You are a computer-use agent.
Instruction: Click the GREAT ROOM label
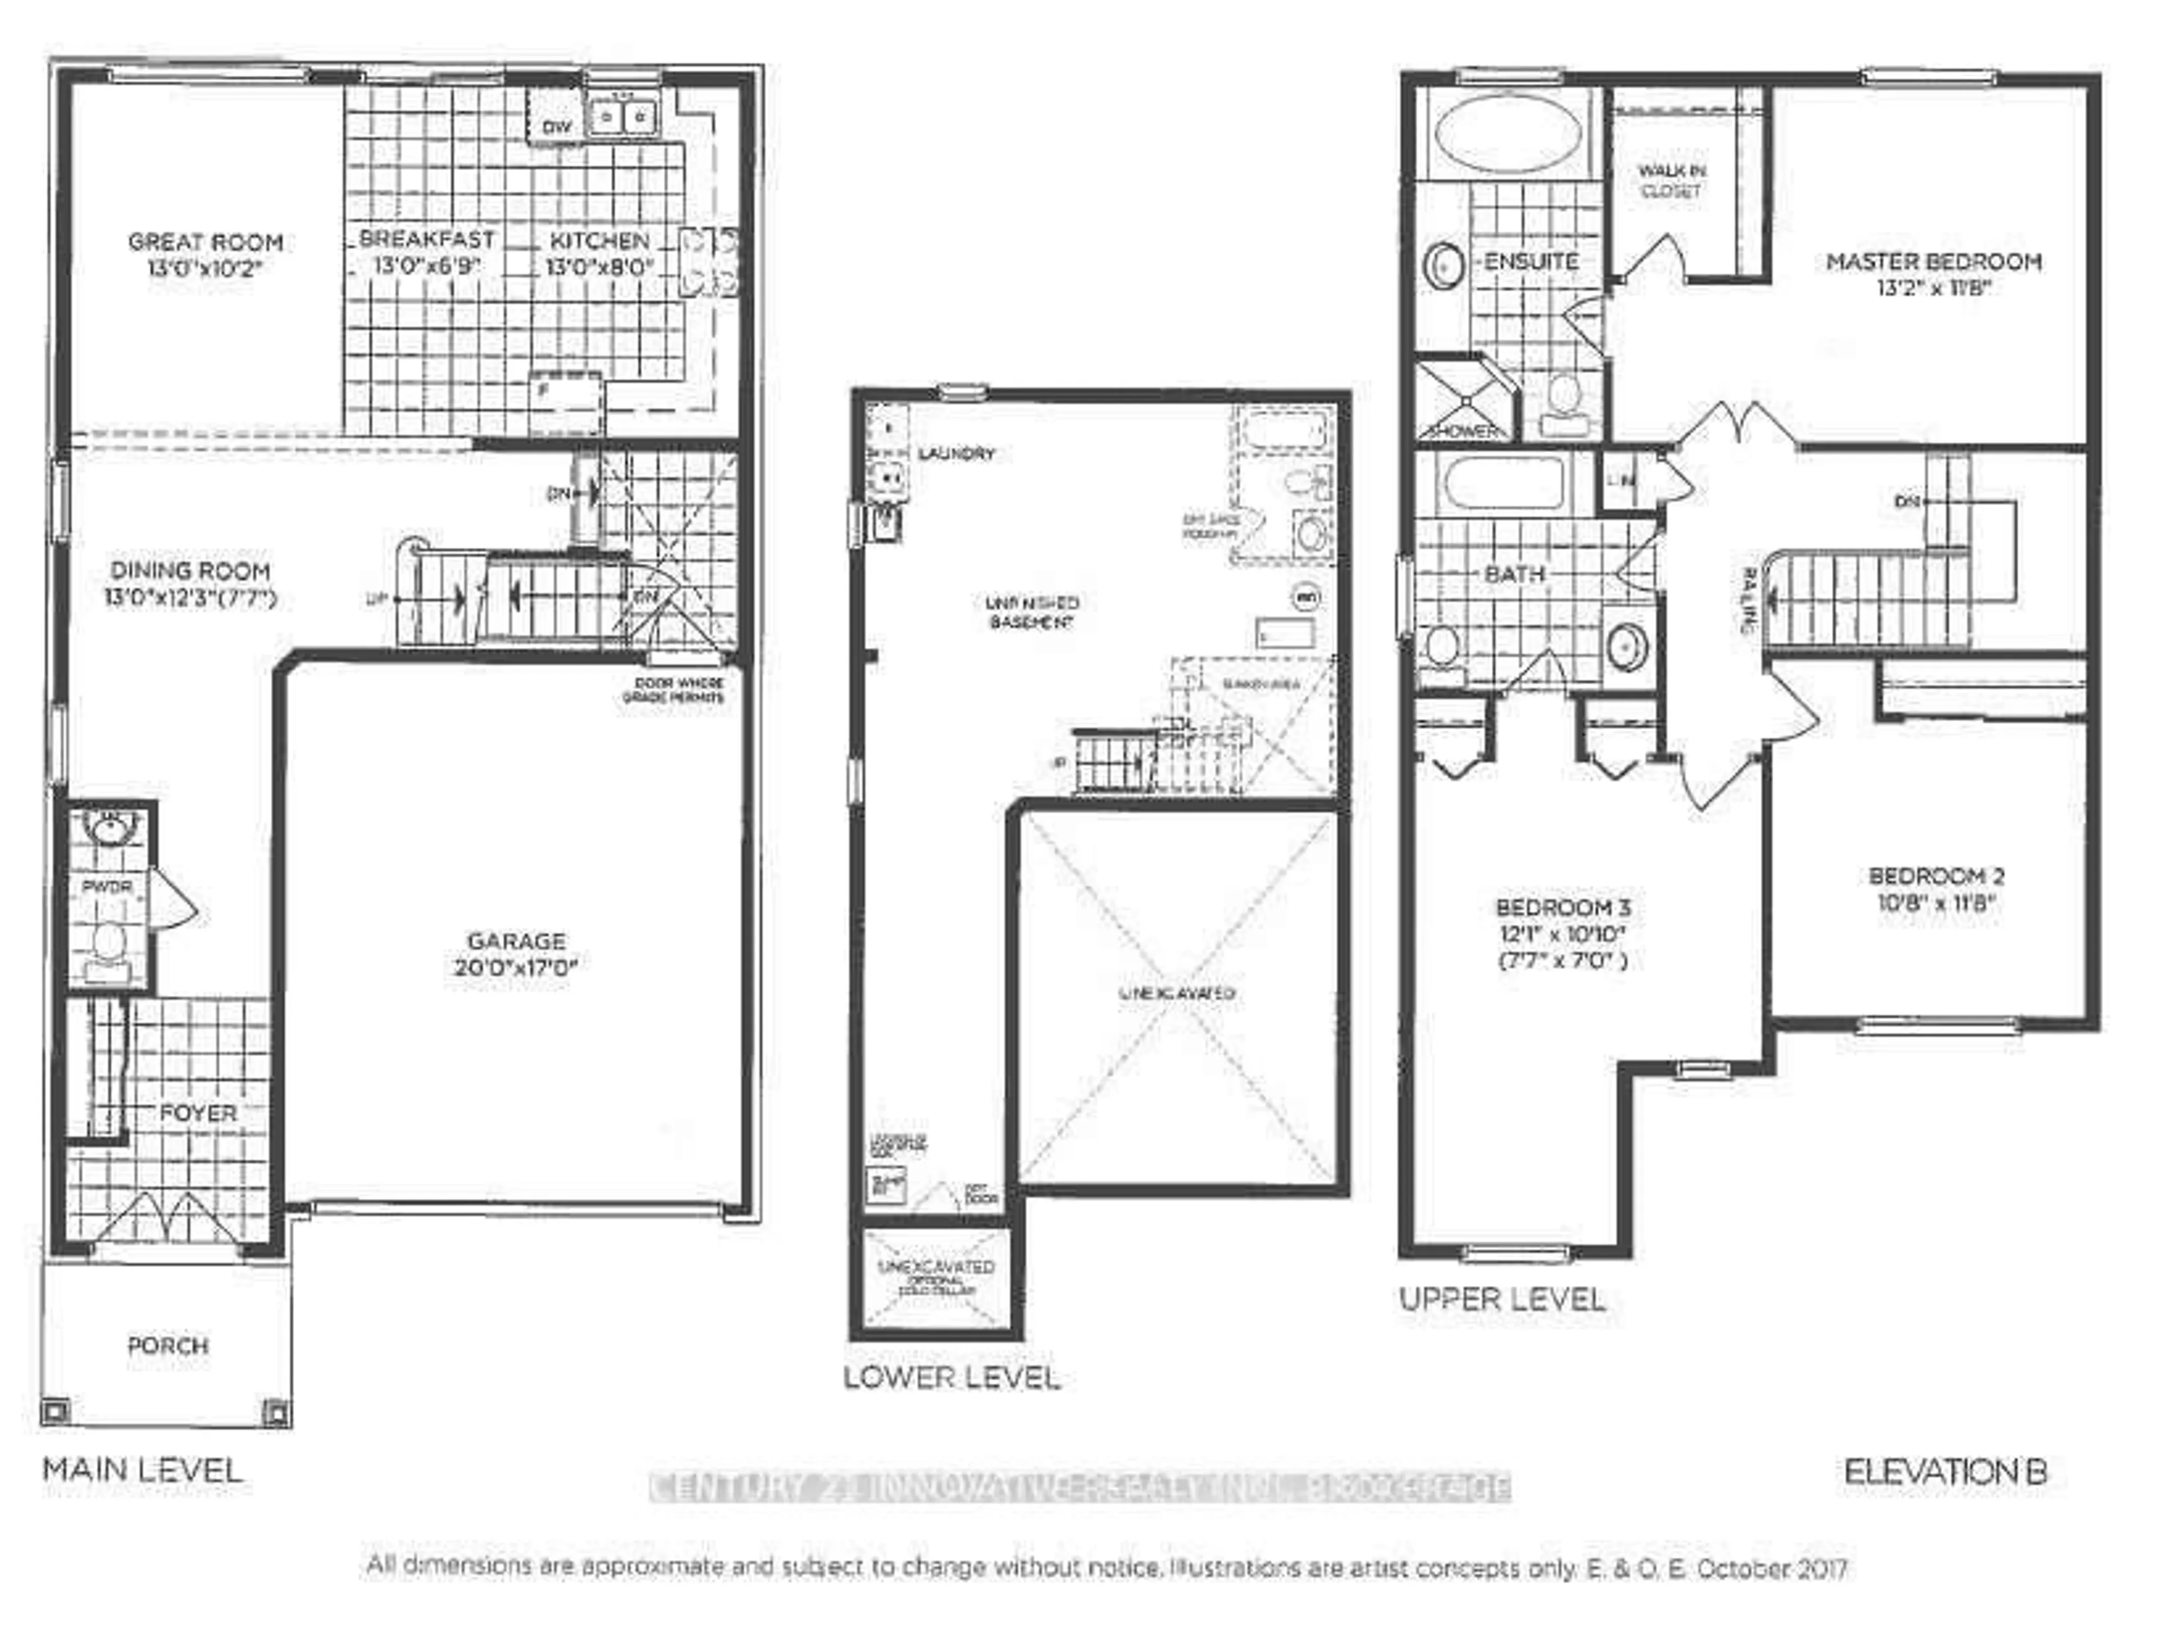coord(206,242)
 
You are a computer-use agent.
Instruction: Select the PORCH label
coord(168,1345)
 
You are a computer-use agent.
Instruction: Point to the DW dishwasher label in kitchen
coord(557,127)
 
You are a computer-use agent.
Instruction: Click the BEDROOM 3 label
coord(1563,908)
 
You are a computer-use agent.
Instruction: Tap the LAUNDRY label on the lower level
coord(957,453)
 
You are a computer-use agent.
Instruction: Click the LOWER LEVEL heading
coord(952,1378)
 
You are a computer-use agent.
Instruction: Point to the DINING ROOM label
coord(190,571)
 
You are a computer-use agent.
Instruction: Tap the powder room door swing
coord(175,899)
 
